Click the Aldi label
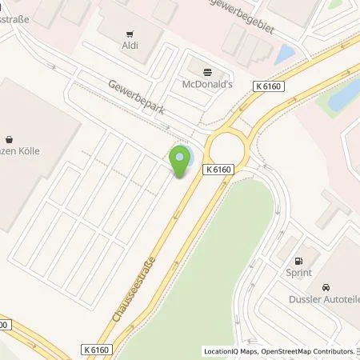pos(129,45)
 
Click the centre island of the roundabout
pos(227,146)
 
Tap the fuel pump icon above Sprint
pos(299,261)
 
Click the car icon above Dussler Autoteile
pos(326,287)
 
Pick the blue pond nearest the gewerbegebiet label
pos(284,54)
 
